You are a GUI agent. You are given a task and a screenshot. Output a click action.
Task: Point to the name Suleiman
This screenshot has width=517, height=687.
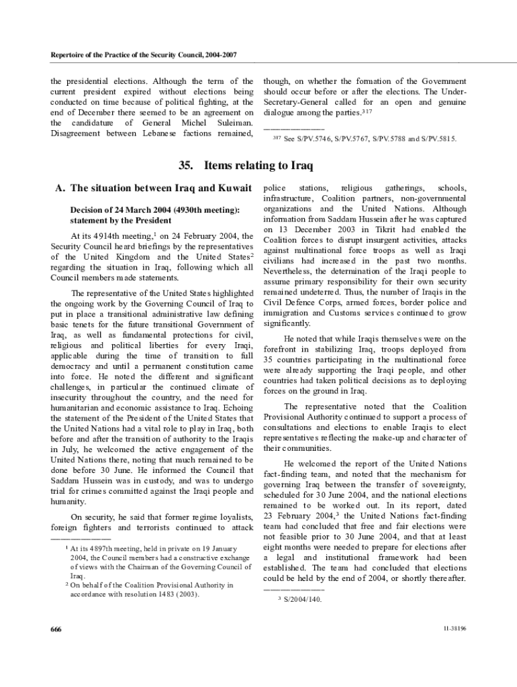(230, 123)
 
